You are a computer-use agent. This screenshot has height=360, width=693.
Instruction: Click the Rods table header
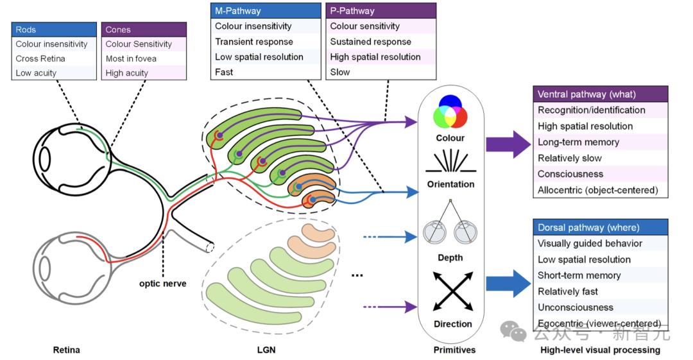[54, 30]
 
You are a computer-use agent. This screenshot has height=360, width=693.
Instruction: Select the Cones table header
[144, 30]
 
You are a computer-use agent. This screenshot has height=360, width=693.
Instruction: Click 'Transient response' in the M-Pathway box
[254, 42]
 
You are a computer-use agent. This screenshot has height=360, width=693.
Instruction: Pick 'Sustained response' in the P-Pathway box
[370, 42]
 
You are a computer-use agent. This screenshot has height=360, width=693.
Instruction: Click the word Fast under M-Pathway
[224, 72]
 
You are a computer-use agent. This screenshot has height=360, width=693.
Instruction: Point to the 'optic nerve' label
[162, 284]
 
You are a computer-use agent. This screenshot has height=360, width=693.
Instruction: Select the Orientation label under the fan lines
[451, 184]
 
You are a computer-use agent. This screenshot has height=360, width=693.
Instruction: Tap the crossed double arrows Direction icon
[453, 291]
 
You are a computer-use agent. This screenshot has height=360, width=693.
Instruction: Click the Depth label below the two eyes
[450, 257]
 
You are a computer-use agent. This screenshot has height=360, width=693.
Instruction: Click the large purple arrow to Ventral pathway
[508, 144]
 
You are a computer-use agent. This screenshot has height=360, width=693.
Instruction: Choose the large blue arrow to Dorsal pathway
[508, 284]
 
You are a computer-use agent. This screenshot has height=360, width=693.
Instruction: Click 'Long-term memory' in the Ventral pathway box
[578, 142]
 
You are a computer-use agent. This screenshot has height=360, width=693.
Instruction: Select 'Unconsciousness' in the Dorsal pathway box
[576, 307]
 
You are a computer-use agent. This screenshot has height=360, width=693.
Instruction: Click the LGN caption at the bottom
[266, 350]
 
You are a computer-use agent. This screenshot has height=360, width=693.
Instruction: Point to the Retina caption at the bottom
[66, 350]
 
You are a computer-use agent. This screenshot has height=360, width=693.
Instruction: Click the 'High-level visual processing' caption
[600, 350]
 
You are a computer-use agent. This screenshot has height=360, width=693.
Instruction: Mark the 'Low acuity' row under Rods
[36, 73]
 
